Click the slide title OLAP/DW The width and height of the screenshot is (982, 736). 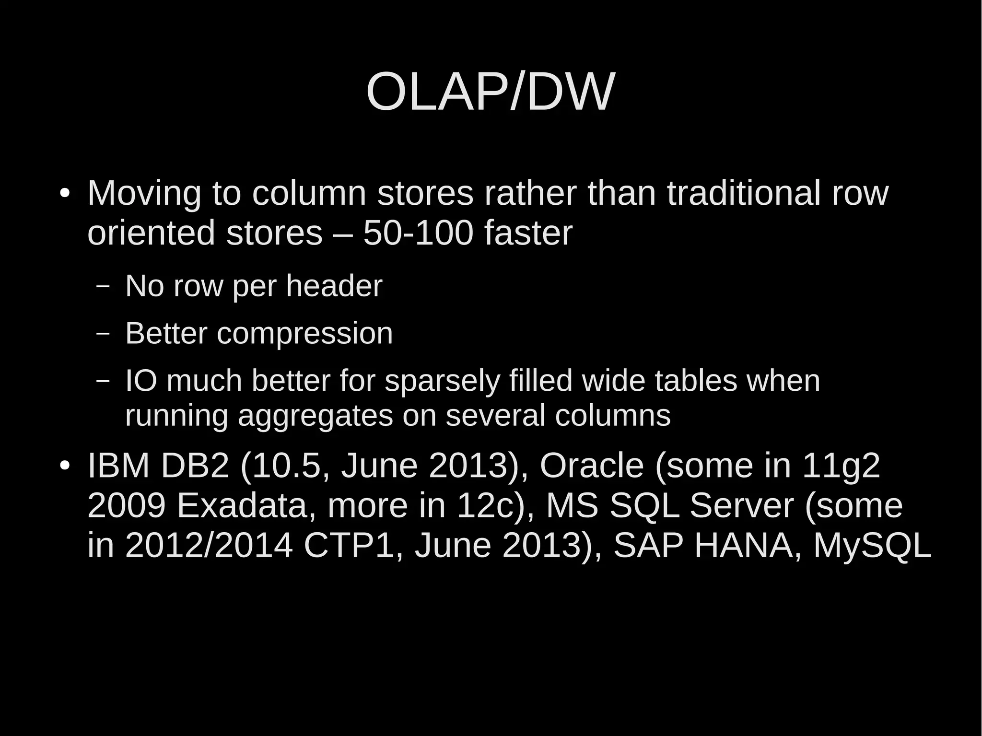coord(490,92)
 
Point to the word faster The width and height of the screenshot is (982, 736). coord(528,234)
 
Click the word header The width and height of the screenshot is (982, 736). coord(334,286)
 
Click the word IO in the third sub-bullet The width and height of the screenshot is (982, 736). coord(141,381)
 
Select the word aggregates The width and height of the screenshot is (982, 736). coord(315,416)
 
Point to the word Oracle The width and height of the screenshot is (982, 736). coord(591,466)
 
